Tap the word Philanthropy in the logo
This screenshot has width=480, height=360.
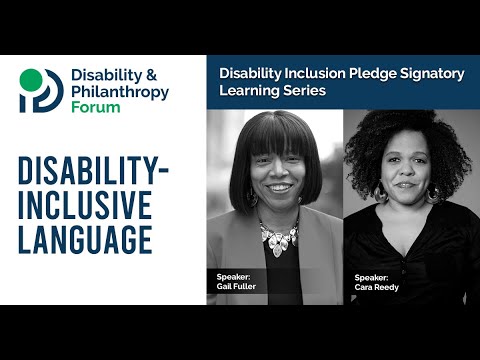tap(119, 92)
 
